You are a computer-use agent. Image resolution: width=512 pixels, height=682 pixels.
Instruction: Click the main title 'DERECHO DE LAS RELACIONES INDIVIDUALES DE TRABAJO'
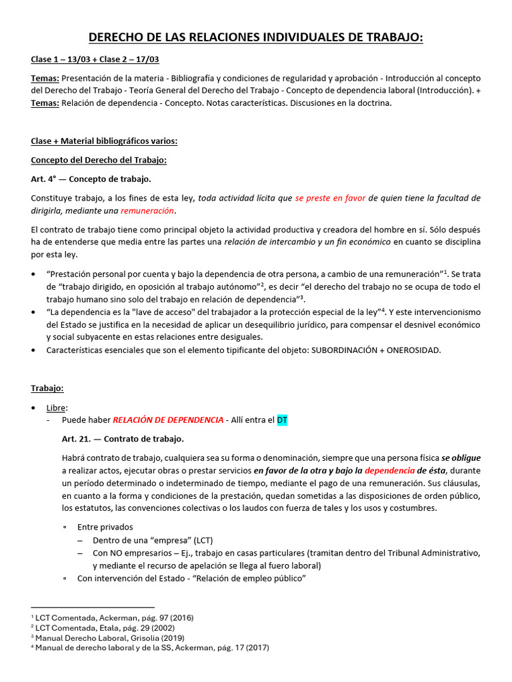[256, 39]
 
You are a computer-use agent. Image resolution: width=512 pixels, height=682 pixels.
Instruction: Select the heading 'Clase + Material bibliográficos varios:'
[104, 141]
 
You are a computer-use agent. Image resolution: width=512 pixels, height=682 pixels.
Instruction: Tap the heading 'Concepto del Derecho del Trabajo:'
[99, 160]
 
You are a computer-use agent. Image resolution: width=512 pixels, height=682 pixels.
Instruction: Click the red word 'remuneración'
[147, 211]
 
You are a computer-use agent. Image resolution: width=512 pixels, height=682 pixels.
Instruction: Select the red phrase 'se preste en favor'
[330, 198]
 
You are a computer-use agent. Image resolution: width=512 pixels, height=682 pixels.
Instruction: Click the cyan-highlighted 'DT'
[282, 420]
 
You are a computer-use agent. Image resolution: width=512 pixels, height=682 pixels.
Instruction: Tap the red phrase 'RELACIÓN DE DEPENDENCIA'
[168, 420]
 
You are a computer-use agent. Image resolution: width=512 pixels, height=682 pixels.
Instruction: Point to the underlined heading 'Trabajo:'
[47, 388]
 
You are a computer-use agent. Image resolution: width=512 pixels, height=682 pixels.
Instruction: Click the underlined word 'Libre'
[57, 407]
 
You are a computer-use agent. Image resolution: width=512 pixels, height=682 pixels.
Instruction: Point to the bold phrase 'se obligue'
[461, 458]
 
